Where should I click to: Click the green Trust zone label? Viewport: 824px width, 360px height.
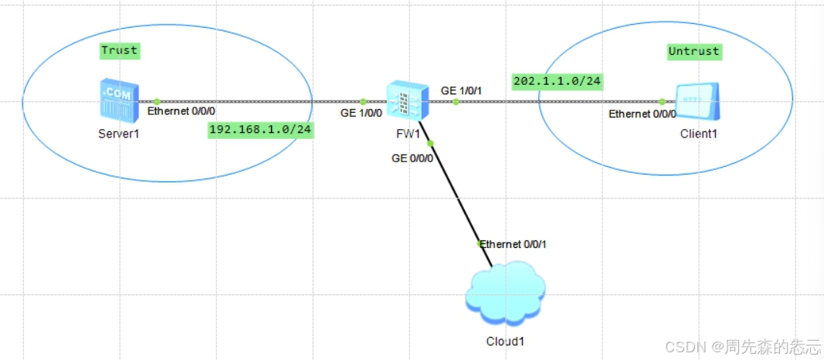119,51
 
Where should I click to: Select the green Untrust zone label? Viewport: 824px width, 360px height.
693,52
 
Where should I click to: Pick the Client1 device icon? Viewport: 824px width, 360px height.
697,102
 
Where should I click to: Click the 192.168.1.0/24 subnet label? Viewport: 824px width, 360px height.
260,130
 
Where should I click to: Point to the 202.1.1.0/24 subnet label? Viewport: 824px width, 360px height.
556,81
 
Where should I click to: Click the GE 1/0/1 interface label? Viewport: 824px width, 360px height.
462,90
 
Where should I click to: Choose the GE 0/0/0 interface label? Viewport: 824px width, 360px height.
413,158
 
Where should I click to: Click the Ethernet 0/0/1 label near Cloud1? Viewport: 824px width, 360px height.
517,244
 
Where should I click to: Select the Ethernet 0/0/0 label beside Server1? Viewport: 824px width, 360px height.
181,111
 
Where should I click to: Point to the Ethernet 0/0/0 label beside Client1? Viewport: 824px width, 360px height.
643,114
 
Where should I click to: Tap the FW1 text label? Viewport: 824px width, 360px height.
406,133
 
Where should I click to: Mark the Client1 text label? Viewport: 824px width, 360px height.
698,133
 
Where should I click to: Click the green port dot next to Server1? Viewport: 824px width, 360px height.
157,101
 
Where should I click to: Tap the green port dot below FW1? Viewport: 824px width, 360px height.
431,143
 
